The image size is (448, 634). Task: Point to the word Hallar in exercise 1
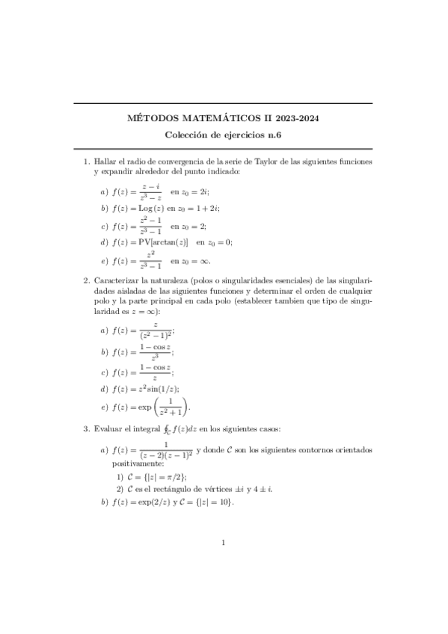[x=105, y=161]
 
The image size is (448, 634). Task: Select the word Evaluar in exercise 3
[x=108, y=430]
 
